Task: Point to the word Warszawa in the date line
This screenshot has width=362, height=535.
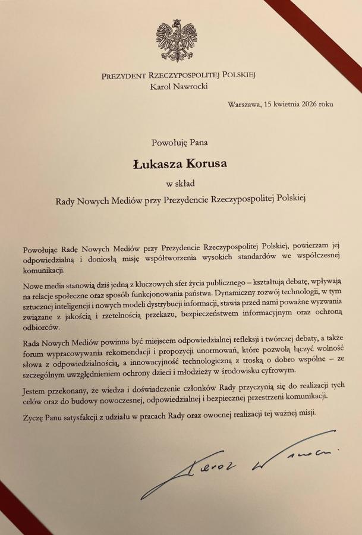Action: click(245, 105)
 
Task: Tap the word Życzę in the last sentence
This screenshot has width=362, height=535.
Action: click(34, 413)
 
